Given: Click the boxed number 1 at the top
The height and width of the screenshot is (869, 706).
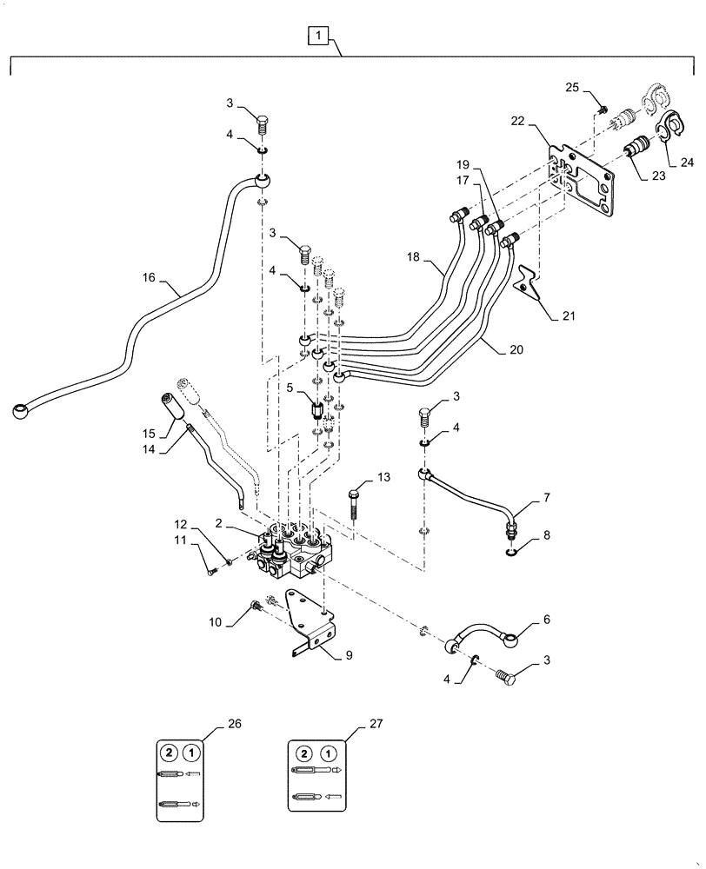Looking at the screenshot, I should click(319, 36).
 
